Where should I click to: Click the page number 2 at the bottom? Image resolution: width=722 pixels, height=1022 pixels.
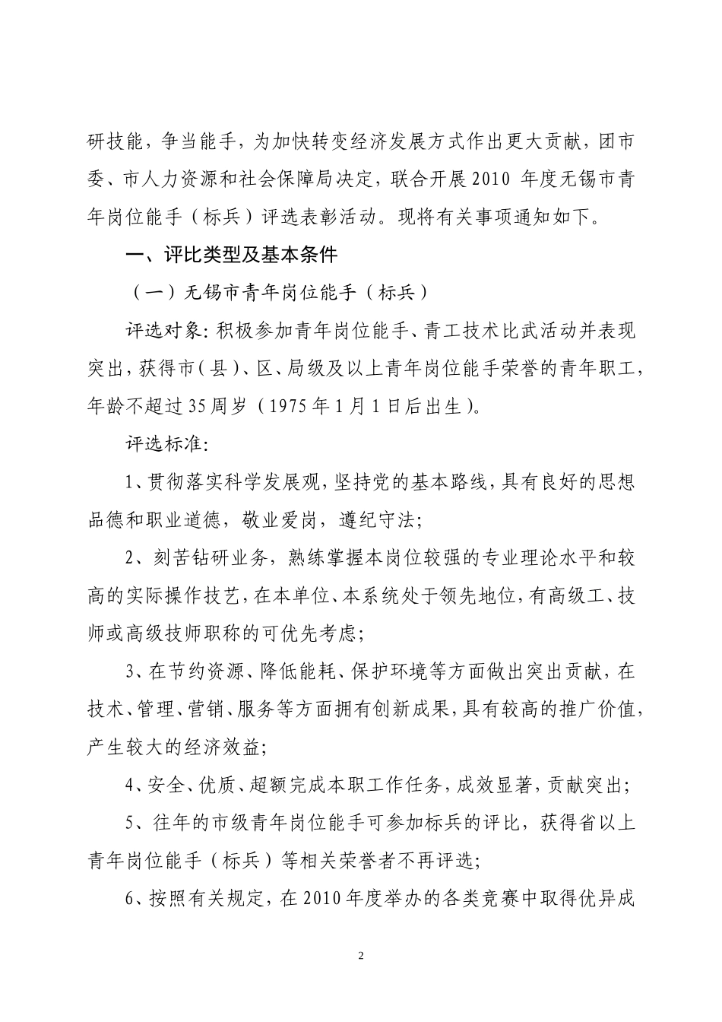pyautogui.click(x=360, y=955)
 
